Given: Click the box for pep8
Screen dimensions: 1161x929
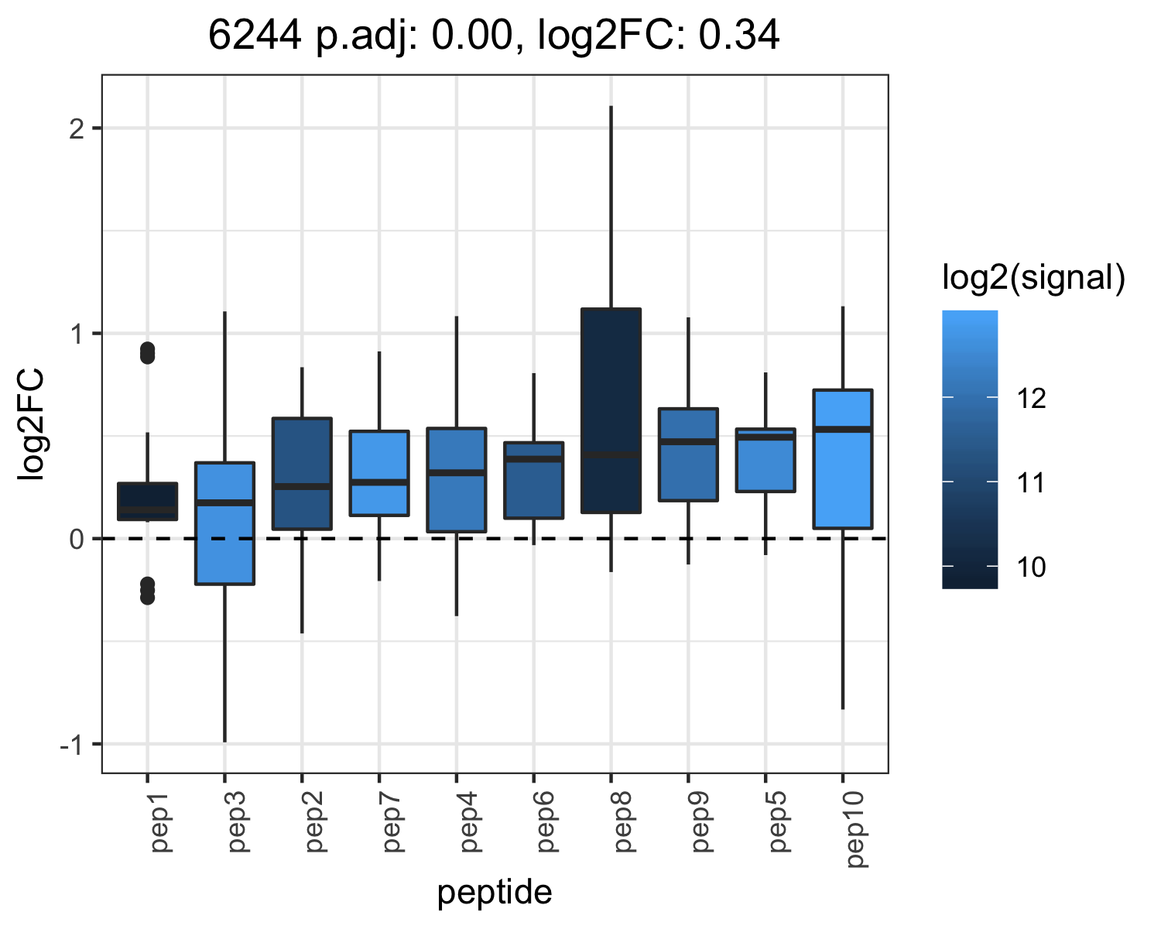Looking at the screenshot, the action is [x=611, y=410].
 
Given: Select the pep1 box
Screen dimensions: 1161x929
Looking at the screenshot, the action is [x=147, y=501].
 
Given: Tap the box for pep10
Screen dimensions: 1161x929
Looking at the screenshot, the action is [x=843, y=458].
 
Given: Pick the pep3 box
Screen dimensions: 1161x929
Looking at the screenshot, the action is [x=224, y=523].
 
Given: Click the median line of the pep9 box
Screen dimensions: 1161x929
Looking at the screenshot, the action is [x=688, y=441].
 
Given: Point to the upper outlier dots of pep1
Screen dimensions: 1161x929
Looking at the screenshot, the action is [x=147, y=353].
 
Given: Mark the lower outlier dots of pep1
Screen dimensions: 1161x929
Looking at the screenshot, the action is [x=147, y=591].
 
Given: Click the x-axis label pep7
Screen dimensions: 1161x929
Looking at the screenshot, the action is [x=392, y=822].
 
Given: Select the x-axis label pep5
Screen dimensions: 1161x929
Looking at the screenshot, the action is [x=778, y=822].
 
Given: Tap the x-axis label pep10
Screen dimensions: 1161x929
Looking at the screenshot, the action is [x=855, y=830].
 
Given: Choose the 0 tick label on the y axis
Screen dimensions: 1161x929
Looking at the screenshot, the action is [x=77, y=539].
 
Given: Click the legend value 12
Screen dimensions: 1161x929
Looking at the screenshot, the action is [x=1031, y=399].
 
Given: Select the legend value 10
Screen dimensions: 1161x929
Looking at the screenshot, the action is [x=1031, y=567].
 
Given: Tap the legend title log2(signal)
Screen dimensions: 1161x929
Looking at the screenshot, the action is [x=1034, y=277].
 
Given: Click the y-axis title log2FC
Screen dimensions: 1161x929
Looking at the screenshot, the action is [x=31, y=423].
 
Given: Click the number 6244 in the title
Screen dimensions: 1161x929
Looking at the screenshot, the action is [x=255, y=35].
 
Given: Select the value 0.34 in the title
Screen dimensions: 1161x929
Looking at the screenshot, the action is [x=738, y=35].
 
